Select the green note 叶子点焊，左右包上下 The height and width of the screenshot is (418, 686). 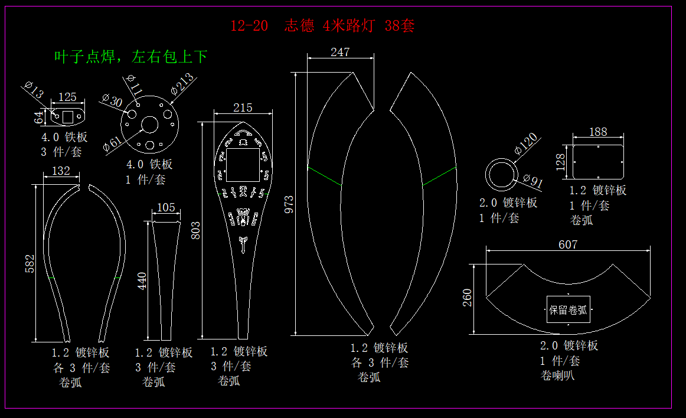point(130,57)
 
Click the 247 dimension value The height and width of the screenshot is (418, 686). point(340,52)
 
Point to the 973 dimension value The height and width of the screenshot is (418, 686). point(289,204)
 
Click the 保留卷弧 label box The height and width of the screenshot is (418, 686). point(568,309)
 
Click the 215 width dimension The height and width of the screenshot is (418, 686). point(243,107)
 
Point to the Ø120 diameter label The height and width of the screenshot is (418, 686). point(526,143)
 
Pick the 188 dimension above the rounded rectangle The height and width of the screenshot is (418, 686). point(598,132)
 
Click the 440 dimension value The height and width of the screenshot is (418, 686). point(142,281)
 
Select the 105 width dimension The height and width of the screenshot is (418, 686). point(166,207)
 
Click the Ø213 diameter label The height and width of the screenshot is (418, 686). point(182,84)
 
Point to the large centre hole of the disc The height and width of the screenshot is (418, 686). point(149,125)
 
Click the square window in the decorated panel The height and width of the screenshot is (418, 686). point(243,165)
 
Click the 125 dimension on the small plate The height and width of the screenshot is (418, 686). point(68,97)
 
